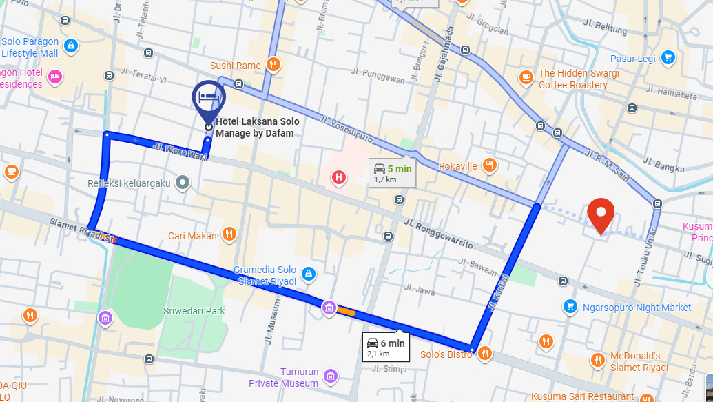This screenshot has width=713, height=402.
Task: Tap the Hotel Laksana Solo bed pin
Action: click(209, 99)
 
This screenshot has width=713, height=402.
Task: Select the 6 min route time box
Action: click(385, 347)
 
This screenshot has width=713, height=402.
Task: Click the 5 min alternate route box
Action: click(392, 172)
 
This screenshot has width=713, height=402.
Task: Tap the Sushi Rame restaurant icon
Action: click(273, 65)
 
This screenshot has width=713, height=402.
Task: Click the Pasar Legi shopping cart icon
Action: click(667, 58)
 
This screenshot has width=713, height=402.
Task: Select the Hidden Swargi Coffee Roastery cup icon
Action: click(526, 77)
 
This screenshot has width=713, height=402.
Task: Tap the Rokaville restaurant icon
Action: click(489, 165)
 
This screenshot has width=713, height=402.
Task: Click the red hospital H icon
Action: click(338, 178)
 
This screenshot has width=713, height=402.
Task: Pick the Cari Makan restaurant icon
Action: click(229, 234)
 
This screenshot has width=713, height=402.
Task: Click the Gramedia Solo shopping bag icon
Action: click(308, 274)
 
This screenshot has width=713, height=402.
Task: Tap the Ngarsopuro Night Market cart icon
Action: click(570, 307)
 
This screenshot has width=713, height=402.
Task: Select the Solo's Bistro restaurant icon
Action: click(485, 354)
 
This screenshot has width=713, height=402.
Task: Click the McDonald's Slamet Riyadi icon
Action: click(597, 360)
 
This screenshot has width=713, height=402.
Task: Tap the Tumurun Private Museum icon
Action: click(331, 376)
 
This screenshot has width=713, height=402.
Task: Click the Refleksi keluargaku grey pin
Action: click(182, 183)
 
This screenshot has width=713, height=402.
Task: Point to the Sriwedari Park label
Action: click(194, 311)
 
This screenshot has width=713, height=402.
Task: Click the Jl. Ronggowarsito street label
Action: click(438, 234)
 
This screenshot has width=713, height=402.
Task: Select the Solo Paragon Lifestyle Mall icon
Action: click(70, 46)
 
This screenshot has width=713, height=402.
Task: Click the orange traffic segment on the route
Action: click(345, 312)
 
